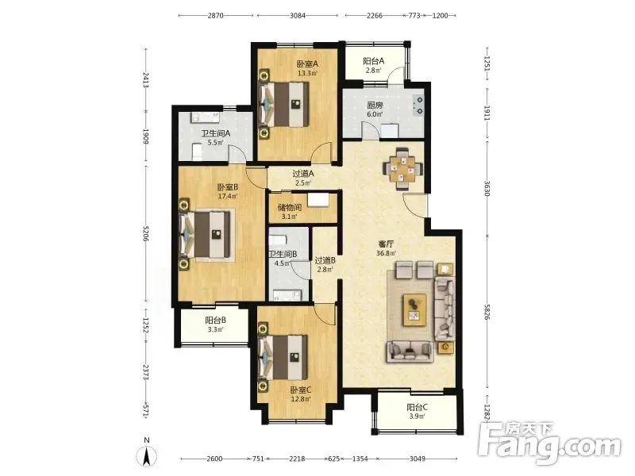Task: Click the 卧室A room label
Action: click(x=307, y=64)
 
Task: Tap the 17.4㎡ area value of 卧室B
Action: click(x=228, y=197)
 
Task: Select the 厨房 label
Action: click(x=375, y=106)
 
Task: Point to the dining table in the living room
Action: click(x=403, y=168)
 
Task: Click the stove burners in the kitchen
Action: click(x=418, y=105)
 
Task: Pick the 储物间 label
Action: click(x=290, y=208)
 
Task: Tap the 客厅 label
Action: click(x=386, y=244)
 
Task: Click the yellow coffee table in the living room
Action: click(x=414, y=309)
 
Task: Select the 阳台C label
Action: click(x=418, y=407)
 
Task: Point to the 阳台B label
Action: click(x=215, y=321)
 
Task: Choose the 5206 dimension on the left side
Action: click(x=146, y=233)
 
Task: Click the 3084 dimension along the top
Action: click(x=298, y=15)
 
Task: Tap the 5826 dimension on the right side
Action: click(x=487, y=311)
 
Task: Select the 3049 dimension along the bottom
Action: click(x=418, y=459)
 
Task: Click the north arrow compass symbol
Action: click(x=147, y=455)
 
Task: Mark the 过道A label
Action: click(x=303, y=174)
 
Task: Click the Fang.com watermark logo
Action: click(x=548, y=443)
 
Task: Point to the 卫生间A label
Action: click(x=216, y=133)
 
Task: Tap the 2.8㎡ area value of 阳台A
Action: click(x=373, y=71)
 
